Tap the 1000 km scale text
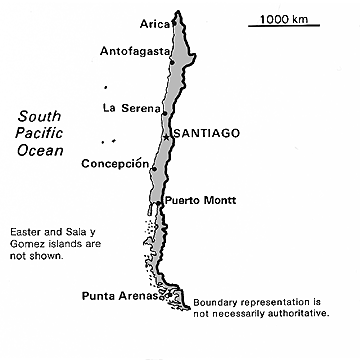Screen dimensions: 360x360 [x=285, y=17]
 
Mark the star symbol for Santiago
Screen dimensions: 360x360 [x=167, y=133]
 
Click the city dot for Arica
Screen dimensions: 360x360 [x=175, y=22]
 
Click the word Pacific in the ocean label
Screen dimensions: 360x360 [x=36, y=132]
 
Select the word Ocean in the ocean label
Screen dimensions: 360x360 [x=37, y=150]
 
